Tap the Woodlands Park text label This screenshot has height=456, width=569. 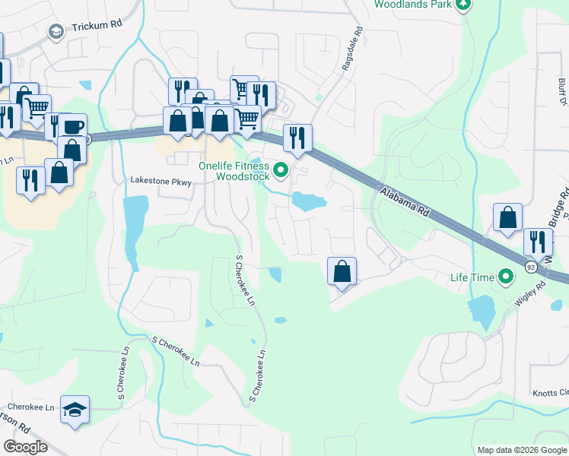click(412, 5)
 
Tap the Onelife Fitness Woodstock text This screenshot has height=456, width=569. click(234, 171)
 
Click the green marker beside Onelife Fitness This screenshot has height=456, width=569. click(281, 170)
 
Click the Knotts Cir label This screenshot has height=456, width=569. click(550, 393)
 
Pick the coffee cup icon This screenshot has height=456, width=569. click(74, 126)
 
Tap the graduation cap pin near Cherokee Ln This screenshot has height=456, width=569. click(74, 410)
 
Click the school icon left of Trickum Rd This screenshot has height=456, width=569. click(56, 31)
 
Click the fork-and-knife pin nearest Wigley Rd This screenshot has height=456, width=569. click(538, 242)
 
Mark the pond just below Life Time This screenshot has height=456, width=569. click(482, 312)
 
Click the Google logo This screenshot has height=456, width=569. click(26, 447)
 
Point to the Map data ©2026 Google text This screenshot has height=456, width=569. click(522, 450)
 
